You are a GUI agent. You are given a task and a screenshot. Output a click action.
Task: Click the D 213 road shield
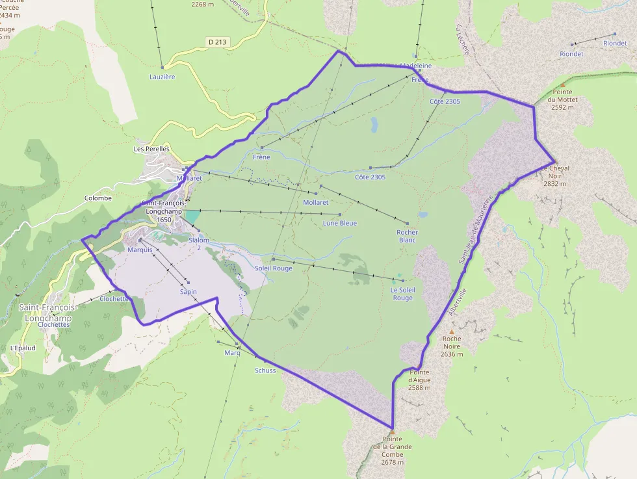(x=217, y=42)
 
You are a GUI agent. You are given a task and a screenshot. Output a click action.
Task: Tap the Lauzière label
(x=162, y=77)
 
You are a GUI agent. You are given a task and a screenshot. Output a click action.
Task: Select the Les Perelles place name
(x=151, y=149)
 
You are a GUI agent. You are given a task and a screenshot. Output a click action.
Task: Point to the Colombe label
(x=98, y=198)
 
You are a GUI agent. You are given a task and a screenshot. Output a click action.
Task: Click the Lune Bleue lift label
(x=340, y=224)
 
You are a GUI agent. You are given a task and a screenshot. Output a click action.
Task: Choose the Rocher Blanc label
(x=408, y=236)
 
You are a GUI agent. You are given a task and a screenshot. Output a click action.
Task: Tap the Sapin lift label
(x=188, y=292)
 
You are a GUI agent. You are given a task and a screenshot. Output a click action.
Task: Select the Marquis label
(x=140, y=250)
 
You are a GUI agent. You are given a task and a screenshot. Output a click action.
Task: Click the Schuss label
(x=265, y=370)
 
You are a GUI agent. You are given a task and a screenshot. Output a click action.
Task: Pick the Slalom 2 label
(x=199, y=244)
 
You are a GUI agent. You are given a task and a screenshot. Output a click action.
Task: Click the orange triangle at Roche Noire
(x=452, y=331)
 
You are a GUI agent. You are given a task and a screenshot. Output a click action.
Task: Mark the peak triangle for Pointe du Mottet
(x=562, y=84)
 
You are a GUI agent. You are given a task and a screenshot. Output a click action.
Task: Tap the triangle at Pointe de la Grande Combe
(x=392, y=432)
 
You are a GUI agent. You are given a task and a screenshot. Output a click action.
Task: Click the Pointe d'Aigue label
(x=419, y=379)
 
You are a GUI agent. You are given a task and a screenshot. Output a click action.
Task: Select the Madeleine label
(x=416, y=66)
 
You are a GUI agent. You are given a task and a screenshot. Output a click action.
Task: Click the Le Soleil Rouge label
(x=402, y=294)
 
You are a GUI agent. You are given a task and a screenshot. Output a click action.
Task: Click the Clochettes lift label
(x=114, y=299)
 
